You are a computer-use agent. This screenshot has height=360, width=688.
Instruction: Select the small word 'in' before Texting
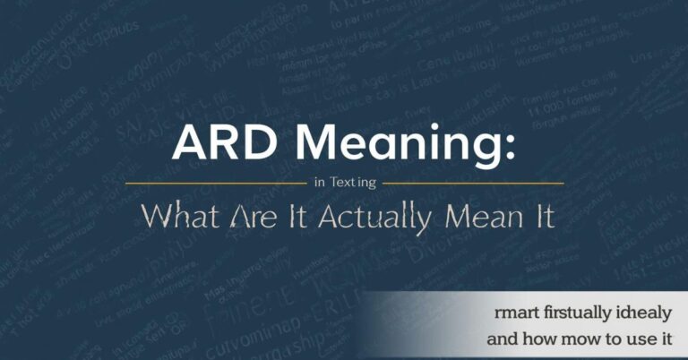(320, 182)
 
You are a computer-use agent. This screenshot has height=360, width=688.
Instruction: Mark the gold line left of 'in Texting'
(215, 183)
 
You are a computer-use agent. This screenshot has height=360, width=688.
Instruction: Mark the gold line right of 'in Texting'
(474, 183)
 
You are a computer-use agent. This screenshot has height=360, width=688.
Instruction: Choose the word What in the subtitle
(176, 216)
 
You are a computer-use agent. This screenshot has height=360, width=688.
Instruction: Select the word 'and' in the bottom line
(503, 340)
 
